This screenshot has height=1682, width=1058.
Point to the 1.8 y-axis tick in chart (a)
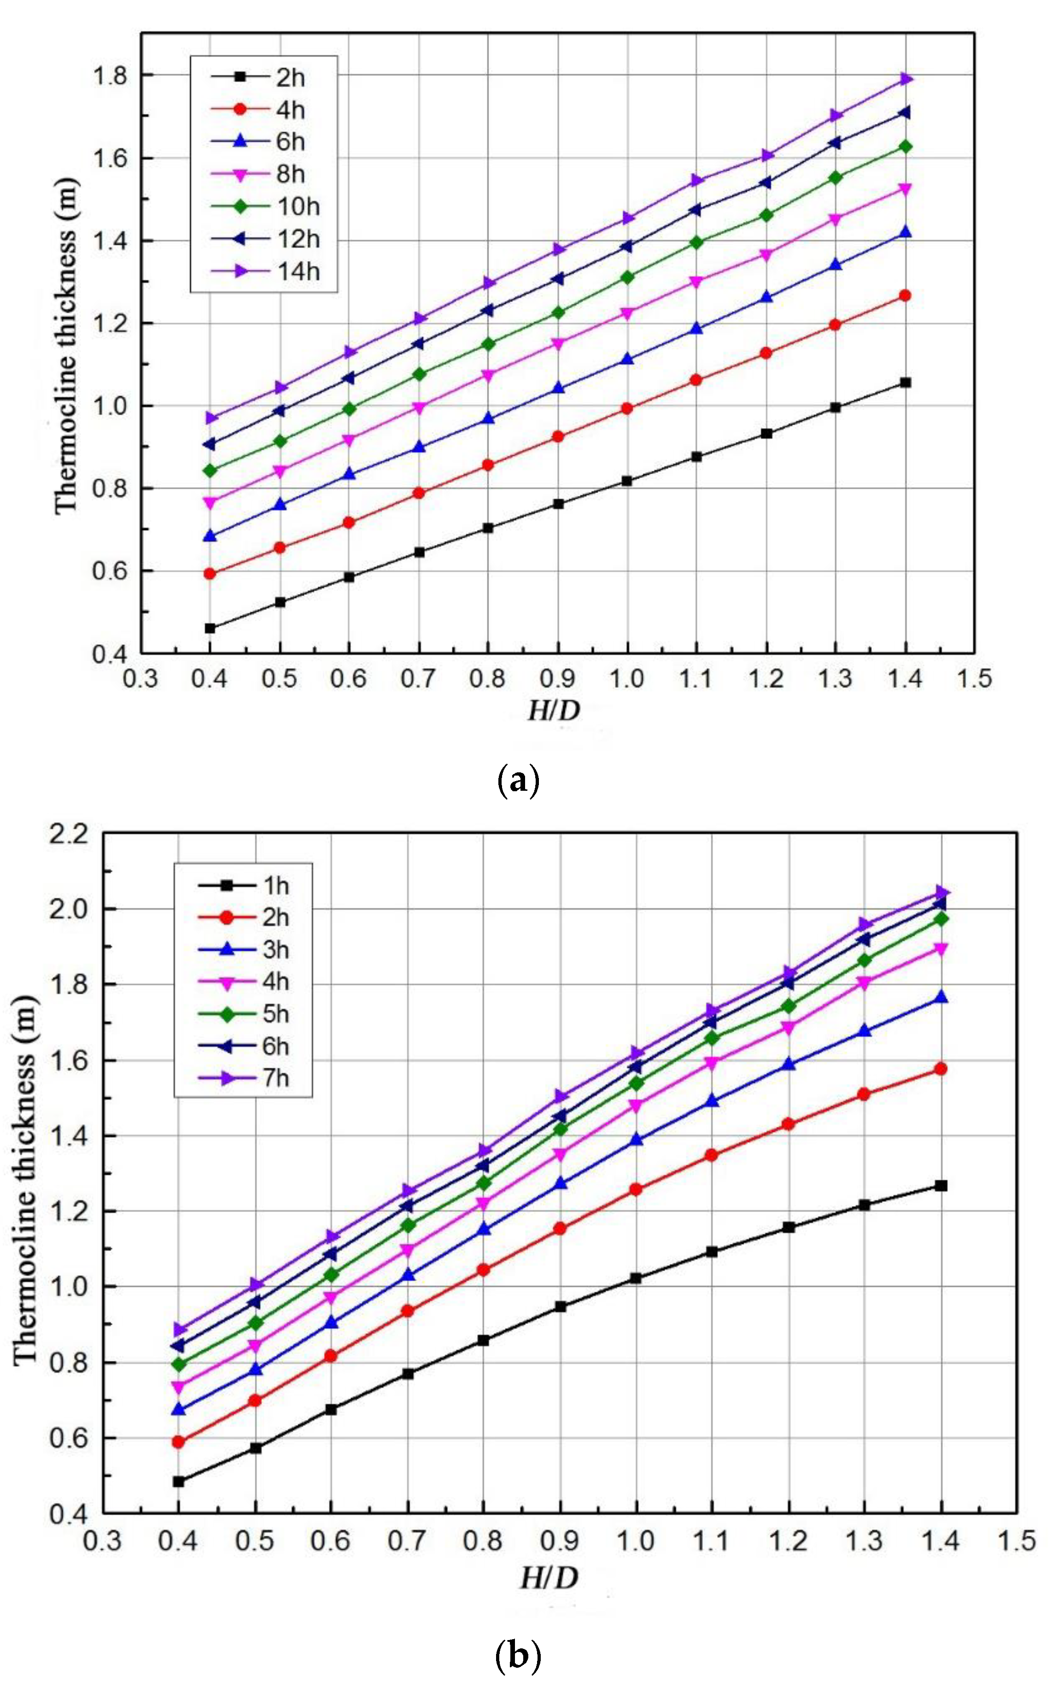116,76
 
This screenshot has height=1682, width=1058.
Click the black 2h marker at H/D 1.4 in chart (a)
906,383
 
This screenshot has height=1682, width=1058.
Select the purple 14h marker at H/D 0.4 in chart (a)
210,418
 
